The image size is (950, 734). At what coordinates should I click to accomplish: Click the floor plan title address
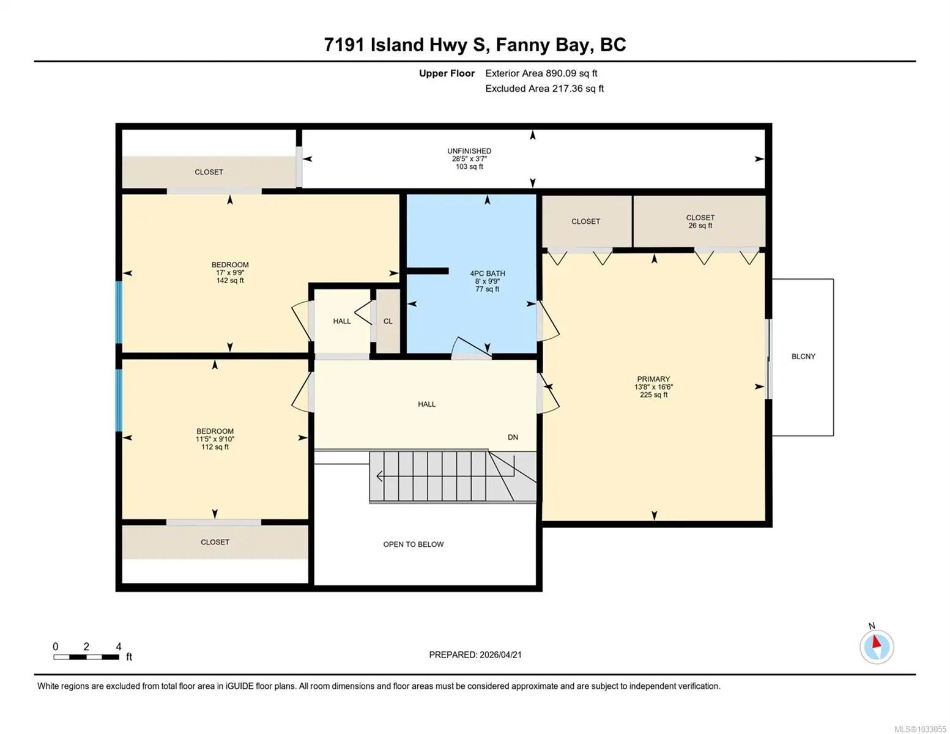[475, 45]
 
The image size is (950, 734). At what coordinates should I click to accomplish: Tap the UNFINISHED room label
[469, 151]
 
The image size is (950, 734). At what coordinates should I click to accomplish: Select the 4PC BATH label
[488, 273]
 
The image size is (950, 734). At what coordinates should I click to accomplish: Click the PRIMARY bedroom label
[653, 379]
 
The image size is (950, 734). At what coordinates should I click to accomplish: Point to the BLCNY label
[803, 356]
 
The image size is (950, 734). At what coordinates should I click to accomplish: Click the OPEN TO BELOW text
[413, 544]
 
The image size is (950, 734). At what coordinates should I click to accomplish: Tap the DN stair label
[513, 437]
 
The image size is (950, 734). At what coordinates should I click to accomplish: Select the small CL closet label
[388, 321]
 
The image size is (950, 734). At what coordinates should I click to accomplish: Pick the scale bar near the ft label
[86, 657]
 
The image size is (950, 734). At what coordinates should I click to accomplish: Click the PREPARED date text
[475, 655]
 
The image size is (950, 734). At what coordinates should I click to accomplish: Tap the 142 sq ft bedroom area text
[230, 281]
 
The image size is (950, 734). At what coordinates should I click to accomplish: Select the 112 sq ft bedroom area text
[215, 447]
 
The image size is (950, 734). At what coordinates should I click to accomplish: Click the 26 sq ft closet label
[700, 226]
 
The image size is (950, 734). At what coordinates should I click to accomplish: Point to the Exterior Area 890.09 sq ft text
[541, 73]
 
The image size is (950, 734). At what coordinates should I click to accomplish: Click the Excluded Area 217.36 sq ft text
[544, 89]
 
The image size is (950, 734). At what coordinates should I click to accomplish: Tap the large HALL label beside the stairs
[426, 404]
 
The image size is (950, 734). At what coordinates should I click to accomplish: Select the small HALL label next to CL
[341, 321]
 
